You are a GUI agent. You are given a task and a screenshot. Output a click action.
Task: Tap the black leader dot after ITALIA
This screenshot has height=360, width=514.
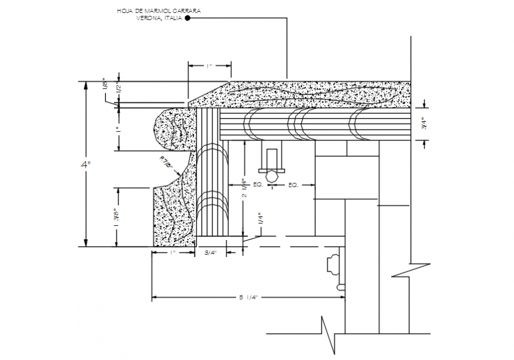pos(187,18)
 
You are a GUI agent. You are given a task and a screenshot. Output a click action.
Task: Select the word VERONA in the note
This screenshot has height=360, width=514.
pos(148,18)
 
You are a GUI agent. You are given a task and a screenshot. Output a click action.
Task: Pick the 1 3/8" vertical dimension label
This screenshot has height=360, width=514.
pos(119,217)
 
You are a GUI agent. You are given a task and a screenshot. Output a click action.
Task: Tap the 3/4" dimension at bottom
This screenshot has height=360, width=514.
pos(211,253)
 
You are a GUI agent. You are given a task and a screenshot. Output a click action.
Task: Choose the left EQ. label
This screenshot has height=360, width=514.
pos(258,185)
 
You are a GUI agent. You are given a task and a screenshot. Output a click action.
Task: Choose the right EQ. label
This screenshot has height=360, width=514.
pos(292,185)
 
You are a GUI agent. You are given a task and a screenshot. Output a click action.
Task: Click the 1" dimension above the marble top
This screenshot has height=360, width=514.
pos(210,66)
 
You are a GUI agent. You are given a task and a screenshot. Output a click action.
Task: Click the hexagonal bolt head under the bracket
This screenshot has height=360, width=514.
pos(271,176)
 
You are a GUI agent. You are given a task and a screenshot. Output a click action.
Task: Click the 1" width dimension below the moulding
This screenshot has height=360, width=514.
pos(173,253)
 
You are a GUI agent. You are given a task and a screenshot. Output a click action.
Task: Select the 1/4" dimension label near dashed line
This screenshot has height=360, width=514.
pos(259,218)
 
